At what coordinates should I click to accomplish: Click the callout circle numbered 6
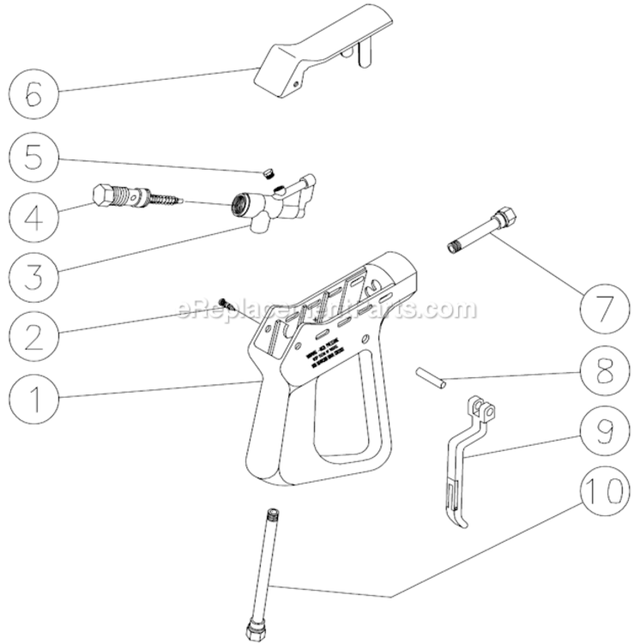pos(33,92)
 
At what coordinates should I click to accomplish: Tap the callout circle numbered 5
pos(33,159)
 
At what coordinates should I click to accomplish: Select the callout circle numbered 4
pos(33,215)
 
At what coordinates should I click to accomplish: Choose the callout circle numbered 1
pos(33,399)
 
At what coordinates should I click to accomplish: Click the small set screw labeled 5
pos(268,172)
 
